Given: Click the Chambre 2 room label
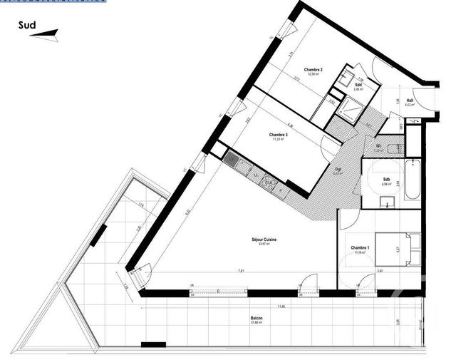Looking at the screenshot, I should tap(313, 69).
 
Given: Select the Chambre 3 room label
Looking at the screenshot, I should tap(278, 135).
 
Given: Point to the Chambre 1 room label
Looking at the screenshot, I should tap(359, 248).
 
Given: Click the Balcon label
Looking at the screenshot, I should tap(256, 318).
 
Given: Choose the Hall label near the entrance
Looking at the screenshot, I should tap(410, 101).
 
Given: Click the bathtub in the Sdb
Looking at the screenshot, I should tap(413, 179).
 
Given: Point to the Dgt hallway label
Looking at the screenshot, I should tap(338, 169).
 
